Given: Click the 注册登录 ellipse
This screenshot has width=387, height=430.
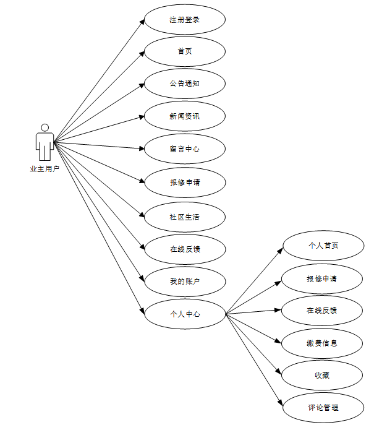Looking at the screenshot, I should pos(185,19).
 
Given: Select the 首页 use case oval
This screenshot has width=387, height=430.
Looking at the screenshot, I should pos(185,51).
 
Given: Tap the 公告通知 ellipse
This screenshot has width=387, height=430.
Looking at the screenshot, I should pos(185,84).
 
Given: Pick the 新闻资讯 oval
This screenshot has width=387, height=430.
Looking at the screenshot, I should pos(185,116).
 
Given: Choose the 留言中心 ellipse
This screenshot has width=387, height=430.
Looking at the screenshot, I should pos(185,149).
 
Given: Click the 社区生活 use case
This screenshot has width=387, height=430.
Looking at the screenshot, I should pos(185,217).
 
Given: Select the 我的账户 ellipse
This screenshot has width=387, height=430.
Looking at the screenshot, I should pos(185,282).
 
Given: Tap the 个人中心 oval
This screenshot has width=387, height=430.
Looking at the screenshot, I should pos(185,314).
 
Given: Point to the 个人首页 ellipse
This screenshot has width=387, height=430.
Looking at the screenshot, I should pos(323,246).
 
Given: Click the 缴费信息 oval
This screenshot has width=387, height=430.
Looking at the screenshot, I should pos(322,343).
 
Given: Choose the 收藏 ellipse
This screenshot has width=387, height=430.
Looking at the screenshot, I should pos(322,375).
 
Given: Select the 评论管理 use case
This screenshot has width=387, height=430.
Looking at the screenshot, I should pos(323,408).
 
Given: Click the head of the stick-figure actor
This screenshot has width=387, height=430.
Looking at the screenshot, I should pos(45,127).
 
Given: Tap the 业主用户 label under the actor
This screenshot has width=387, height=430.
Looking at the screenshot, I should pos(45,169).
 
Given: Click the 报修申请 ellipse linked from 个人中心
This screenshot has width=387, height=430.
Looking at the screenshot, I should pos(322,278).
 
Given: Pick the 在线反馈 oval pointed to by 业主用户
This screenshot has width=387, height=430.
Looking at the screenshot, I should pos(185,249).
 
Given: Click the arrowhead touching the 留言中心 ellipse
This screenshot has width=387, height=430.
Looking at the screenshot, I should pos(142,148).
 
